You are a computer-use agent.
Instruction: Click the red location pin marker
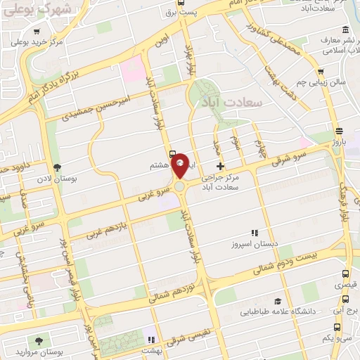click(x=180, y=165)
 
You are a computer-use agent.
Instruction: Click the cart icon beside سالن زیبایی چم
click(x=321, y=71)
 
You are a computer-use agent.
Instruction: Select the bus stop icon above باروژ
click(x=339, y=131)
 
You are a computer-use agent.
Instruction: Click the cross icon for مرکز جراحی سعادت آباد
click(x=221, y=167)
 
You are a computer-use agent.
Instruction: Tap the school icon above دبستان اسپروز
click(x=255, y=233)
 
